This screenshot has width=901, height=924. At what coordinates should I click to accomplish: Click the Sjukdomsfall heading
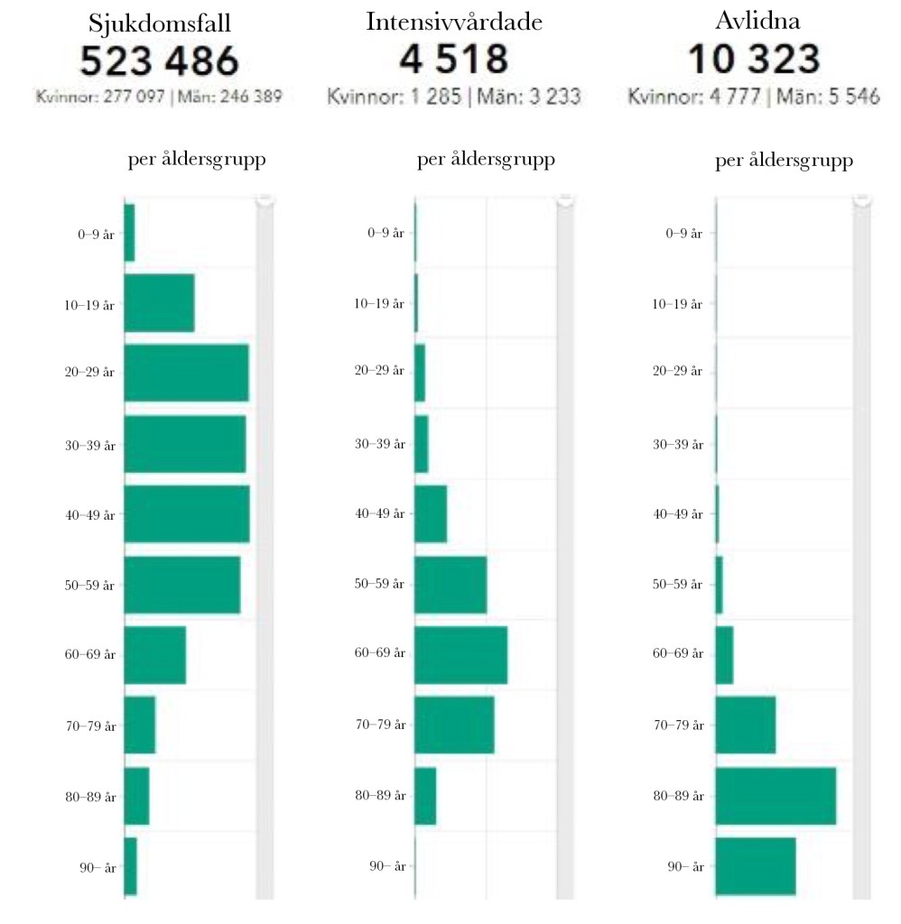(x=159, y=23)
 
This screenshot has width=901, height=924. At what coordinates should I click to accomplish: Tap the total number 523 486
(x=159, y=61)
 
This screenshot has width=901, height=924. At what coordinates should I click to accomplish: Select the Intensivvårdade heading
(x=454, y=23)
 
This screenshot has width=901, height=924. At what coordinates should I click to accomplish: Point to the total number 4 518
(x=454, y=60)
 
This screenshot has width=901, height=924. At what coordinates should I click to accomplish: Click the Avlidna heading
(x=754, y=23)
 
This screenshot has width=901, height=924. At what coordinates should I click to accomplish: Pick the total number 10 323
(x=754, y=60)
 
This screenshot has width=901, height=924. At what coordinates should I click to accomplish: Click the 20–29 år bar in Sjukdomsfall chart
(x=186, y=373)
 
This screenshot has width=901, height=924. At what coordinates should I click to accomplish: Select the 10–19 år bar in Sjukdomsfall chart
(x=159, y=302)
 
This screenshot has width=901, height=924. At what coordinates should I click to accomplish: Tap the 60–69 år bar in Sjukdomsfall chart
(x=154, y=654)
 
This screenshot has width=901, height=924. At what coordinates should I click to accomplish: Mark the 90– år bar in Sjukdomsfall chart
(x=130, y=866)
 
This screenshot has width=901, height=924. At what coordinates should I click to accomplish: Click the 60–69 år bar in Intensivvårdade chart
(x=460, y=654)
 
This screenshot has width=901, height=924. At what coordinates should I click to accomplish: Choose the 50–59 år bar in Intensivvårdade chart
(x=450, y=584)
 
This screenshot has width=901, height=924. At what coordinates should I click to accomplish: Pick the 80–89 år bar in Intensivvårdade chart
(x=425, y=795)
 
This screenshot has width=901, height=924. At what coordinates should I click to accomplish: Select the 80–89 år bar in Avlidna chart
(x=776, y=795)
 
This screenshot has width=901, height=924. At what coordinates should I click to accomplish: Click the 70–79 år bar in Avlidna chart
(x=745, y=725)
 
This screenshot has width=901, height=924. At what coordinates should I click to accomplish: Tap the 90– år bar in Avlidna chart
(x=756, y=866)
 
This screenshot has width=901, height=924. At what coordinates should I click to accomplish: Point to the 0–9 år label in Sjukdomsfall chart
(x=96, y=234)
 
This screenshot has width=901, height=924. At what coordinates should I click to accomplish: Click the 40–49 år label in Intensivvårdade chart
(x=378, y=513)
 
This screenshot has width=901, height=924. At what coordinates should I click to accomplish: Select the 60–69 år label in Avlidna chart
(x=677, y=654)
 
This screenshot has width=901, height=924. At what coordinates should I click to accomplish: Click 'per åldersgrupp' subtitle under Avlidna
(x=784, y=162)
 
